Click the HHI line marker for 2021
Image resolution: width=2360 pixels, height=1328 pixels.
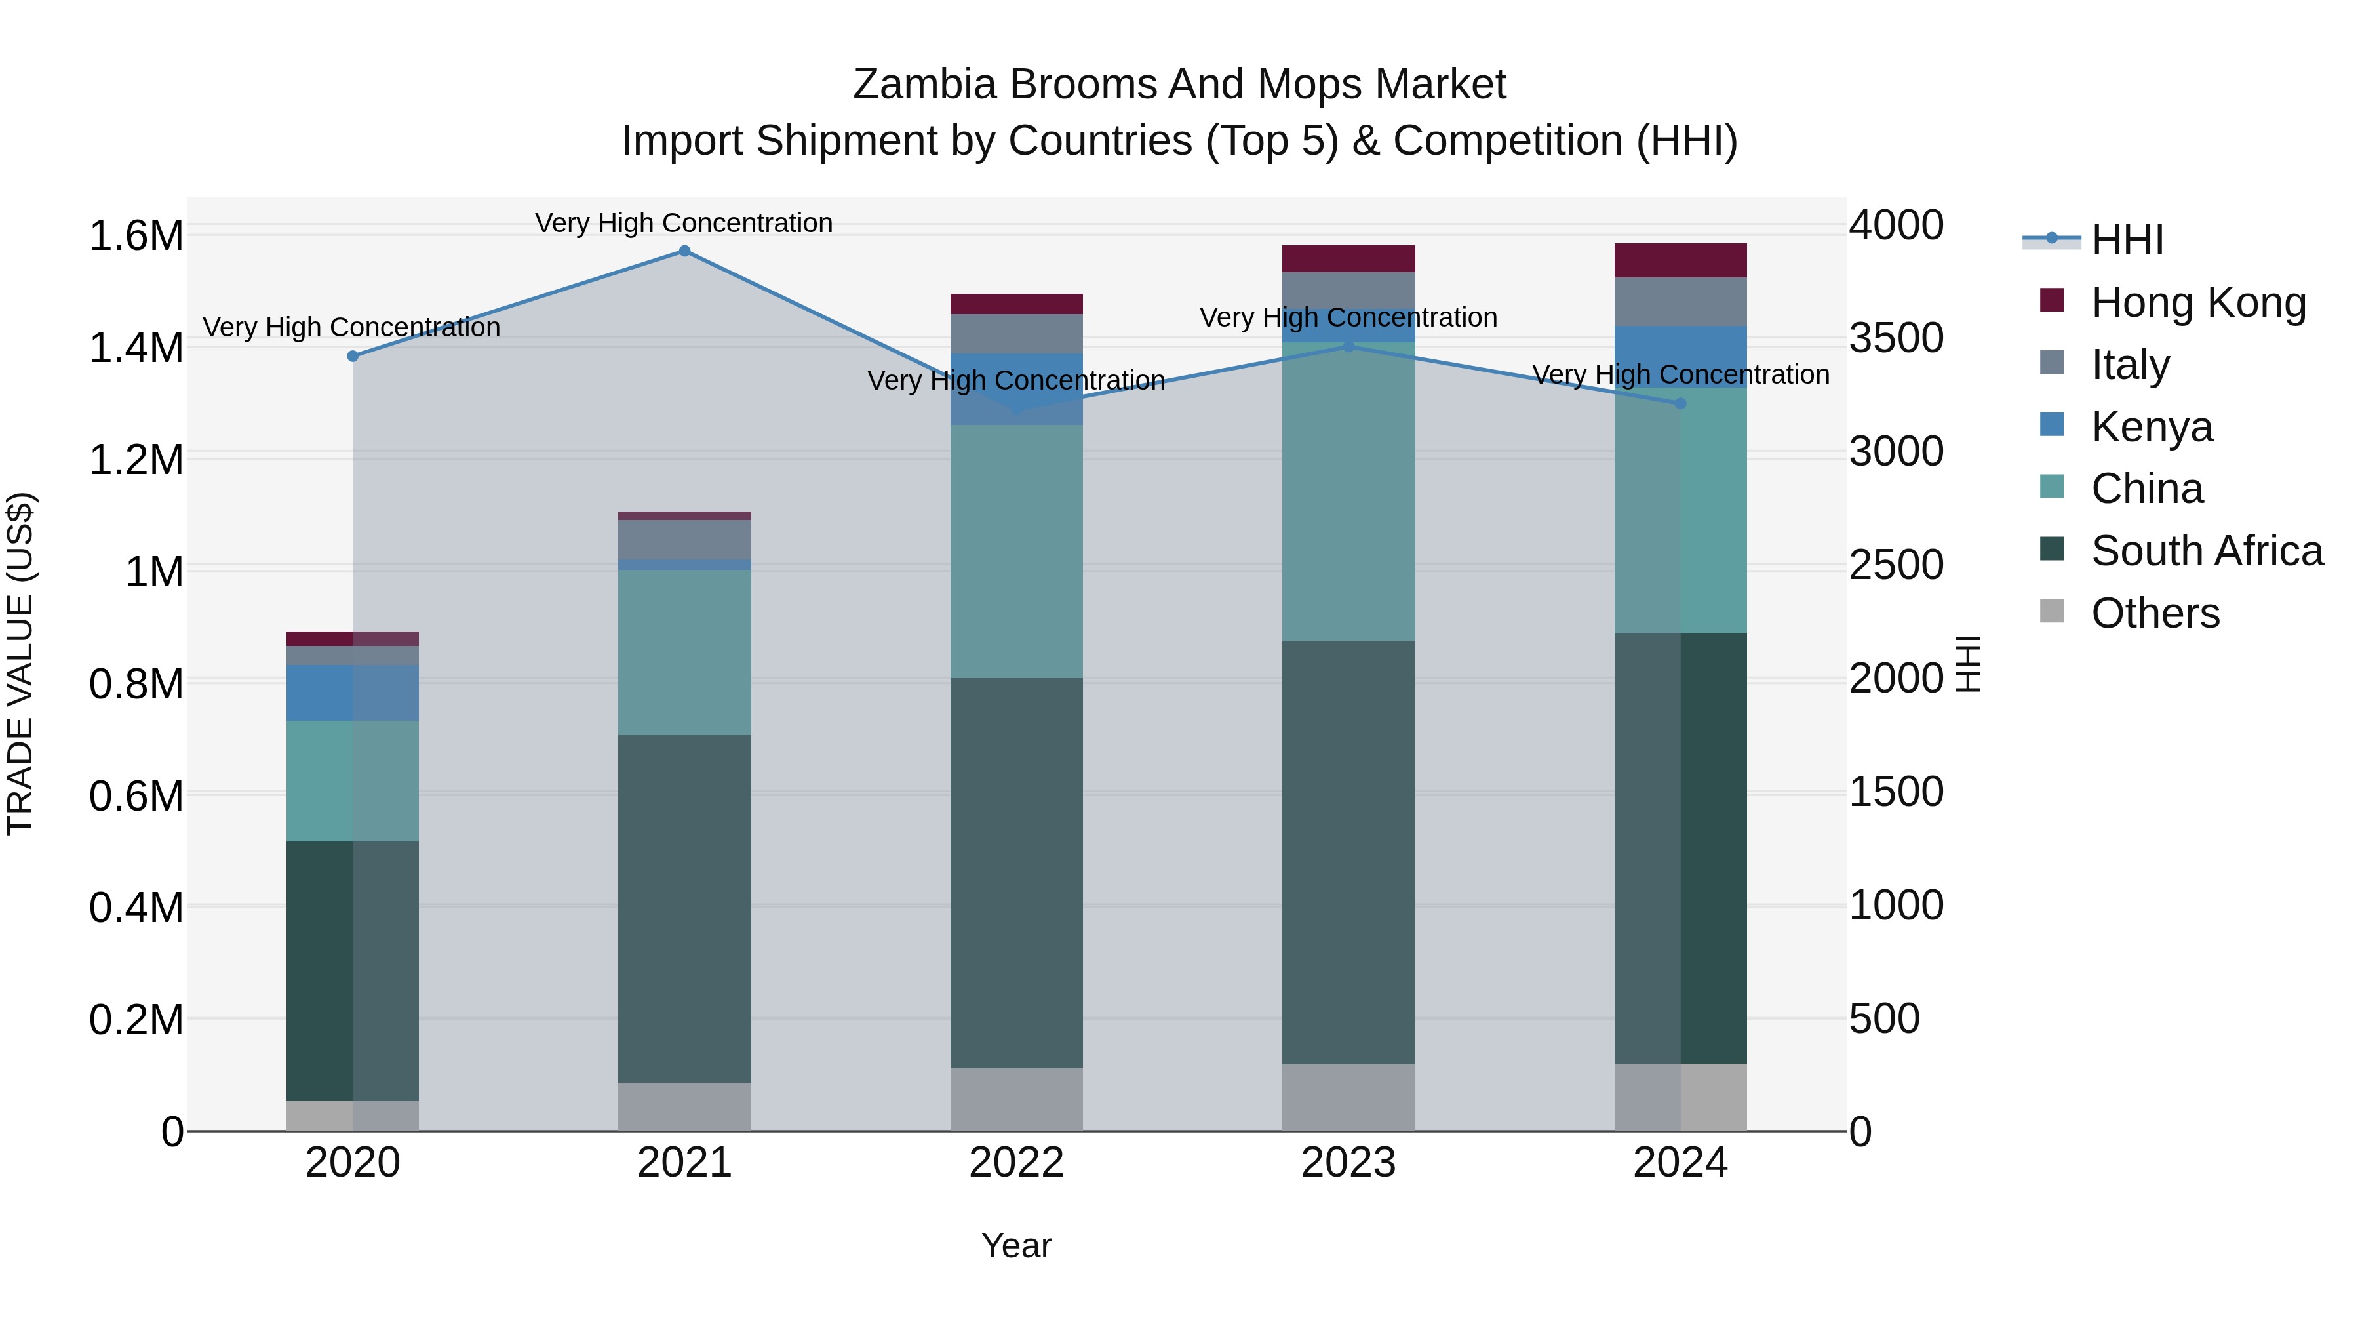684,251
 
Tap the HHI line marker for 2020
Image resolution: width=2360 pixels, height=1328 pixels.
353,357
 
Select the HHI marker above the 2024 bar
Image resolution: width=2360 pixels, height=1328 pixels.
1680,403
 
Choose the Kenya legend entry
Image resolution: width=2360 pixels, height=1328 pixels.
2151,427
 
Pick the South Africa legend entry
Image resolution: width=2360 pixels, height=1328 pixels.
2206,551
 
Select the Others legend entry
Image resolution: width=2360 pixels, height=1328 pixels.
2155,613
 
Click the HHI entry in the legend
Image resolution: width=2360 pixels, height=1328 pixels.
2127,240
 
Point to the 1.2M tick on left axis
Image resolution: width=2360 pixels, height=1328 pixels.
136,460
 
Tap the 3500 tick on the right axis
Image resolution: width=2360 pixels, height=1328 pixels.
1895,338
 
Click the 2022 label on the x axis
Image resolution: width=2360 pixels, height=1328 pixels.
1016,1163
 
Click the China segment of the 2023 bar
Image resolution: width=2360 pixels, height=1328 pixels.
1348,491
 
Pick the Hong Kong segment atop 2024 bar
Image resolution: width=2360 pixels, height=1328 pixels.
1680,260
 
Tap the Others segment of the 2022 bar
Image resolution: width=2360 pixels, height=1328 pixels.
1016,1099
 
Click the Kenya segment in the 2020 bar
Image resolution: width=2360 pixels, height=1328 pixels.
353,693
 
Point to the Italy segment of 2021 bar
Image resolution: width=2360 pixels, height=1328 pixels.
684,540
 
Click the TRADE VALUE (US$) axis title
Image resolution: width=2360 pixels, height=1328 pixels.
20,664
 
